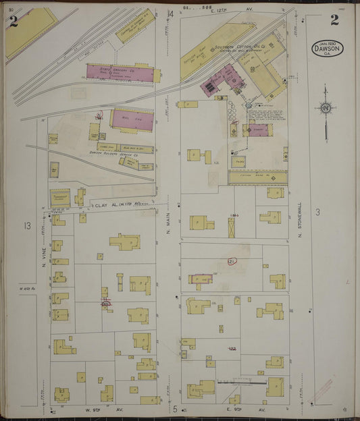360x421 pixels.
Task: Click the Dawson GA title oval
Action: coord(328,48)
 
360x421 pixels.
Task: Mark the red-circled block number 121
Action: coord(231,261)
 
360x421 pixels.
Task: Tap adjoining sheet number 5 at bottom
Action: coord(174,409)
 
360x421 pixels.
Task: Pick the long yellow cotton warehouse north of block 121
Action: coord(257,177)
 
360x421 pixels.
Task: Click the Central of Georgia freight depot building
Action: coord(136,26)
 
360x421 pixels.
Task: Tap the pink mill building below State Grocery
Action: coord(131,119)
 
